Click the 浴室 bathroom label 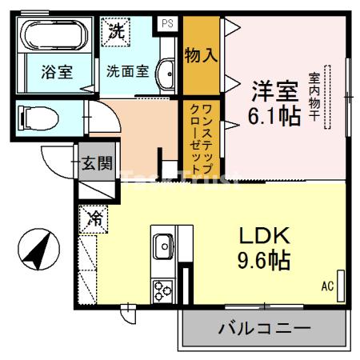click(x=56, y=70)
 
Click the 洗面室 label click(x=127, y=70)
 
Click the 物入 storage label click(x=201, y=55)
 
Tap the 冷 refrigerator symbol click(x=93, y=216)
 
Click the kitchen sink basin click(x=162, y=244)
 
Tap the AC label click(x=326, y=286)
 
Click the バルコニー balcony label click(x=263, y=328)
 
